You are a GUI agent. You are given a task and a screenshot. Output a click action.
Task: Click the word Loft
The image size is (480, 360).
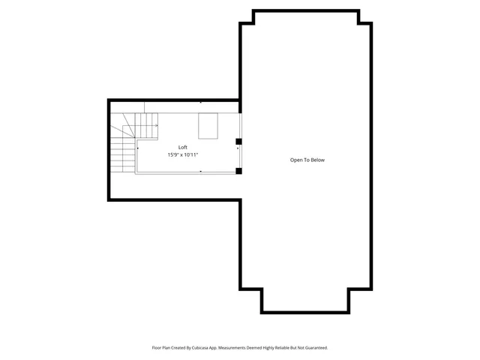183,147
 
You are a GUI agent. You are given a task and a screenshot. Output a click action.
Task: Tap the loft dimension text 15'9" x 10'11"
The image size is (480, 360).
183,155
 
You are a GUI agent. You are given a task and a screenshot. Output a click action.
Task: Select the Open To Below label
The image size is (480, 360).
307,160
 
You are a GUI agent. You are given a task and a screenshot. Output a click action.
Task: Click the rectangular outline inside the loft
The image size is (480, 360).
208,125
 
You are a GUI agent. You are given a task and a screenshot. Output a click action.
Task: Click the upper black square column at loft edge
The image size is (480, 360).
238,141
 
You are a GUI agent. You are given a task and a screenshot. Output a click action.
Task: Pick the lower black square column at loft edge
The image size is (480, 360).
238,171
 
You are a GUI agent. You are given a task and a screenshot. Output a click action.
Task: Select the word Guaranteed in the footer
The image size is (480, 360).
313,348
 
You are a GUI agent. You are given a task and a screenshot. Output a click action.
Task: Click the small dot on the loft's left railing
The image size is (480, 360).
137,148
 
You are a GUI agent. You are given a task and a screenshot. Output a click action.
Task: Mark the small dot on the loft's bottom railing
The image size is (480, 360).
200,171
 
